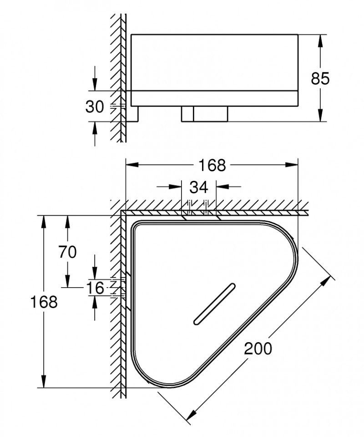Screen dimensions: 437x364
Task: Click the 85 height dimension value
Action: (x=320, y=78)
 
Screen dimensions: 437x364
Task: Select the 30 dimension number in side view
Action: (x=95, y=107)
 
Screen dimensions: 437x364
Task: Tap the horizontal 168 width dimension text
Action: (x=212, y=165)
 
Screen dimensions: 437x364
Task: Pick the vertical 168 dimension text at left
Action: (x=44, y=301)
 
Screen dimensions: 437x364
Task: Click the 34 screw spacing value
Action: (x=198, y=186)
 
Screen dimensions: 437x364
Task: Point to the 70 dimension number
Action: (x=67, y=252)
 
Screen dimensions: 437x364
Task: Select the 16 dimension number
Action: (x=95, y=288)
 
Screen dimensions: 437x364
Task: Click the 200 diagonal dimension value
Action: (x=258, y=348)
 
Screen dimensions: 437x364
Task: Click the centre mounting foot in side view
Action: (x=204, y=114)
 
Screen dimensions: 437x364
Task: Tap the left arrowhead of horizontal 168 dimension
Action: (x=132, y=165)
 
